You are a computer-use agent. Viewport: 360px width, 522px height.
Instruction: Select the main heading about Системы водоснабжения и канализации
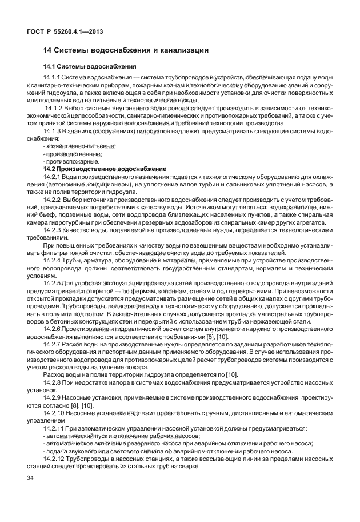126,51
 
